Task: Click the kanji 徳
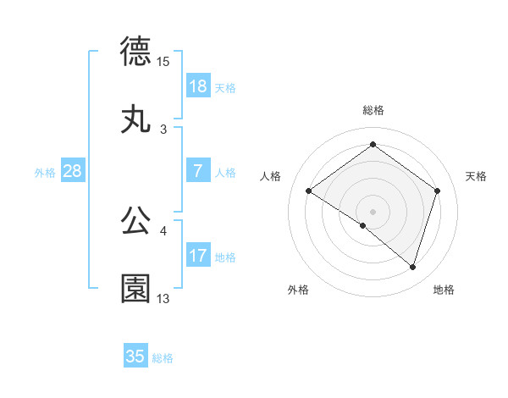(x=135, y=51)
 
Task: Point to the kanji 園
(x=135, y=289)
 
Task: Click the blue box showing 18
(x=198, y=86)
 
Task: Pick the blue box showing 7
(x=198, y=171)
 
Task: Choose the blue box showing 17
(x=198, y=256)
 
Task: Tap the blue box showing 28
(x=73, y=171)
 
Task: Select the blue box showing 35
(x=135, y=357)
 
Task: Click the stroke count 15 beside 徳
(x=163, y=61)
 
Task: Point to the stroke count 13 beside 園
(x=163, y=299)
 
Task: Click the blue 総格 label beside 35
(x=163, y=358)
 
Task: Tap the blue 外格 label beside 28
(x=45, y=173)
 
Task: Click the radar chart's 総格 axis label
(x=373, y=110)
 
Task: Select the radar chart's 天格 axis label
(x=477, y=176)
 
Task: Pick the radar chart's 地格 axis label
(x=444, y=290)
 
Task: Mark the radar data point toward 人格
(x=309, y=191)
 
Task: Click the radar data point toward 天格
(x=438, y=191)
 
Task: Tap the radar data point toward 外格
(x=363, y=225)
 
